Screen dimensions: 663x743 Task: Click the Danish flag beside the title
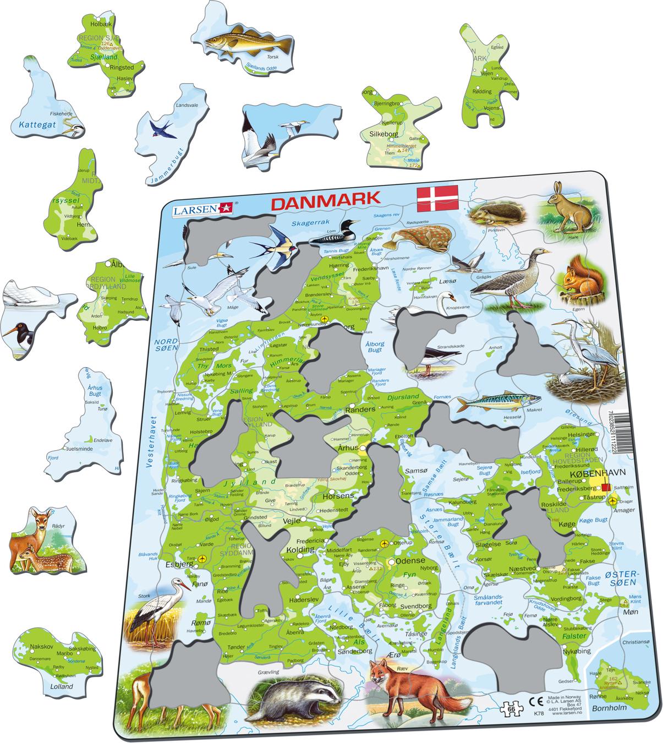pyautogui.click(x=437, y=199)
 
